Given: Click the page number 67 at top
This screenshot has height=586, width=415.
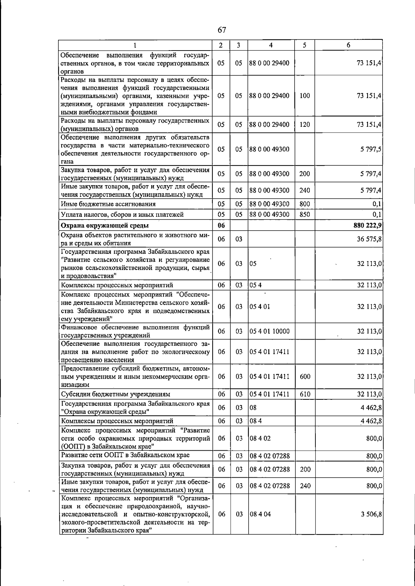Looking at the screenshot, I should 222,30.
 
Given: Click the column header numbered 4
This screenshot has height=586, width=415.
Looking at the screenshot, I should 271,45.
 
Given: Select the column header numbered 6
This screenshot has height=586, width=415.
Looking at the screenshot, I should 348,45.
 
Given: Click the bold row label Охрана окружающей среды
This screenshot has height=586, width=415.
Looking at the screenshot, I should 105,226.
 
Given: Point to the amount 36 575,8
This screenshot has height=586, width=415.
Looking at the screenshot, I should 369,239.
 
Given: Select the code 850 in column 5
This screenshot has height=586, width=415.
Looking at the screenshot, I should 305,215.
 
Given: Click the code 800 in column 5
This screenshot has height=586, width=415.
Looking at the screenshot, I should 305,204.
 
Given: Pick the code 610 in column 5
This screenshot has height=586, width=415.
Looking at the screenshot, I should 305,394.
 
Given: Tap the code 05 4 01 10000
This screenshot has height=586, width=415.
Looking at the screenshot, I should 269,332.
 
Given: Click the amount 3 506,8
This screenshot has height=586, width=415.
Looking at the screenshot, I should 371,514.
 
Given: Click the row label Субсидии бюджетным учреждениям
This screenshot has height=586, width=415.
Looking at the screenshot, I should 116,394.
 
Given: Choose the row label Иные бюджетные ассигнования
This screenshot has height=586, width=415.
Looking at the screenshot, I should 108,204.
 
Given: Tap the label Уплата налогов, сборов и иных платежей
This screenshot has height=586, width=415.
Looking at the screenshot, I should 122,215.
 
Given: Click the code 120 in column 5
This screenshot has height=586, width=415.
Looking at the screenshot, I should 305,125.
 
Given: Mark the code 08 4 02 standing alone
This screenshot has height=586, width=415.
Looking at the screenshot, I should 260,439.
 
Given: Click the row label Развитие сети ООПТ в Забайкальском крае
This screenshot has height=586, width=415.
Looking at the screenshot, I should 125,455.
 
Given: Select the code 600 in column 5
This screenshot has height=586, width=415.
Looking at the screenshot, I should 305,377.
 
